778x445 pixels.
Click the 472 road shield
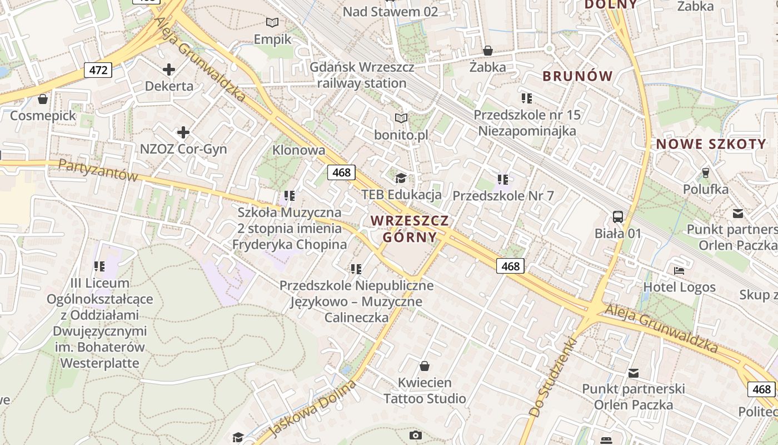[98, 70]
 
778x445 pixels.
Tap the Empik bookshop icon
[272, 23]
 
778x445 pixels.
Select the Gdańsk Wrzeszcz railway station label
[362, 75]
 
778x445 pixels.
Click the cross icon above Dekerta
[169, 70]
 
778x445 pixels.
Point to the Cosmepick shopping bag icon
[42, 100]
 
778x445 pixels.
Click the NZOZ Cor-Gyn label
[183, 149]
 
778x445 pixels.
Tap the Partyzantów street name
[98, 170]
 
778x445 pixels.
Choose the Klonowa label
[298, 150]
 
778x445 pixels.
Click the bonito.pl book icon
[401, 118]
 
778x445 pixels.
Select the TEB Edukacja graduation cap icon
[401, 178]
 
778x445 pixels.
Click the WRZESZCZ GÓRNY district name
[410, 229]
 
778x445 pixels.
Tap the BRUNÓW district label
[577, 76]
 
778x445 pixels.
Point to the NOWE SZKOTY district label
[711, 144]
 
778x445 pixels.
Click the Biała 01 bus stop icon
[618, 216]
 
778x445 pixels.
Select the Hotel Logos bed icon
[679, 271]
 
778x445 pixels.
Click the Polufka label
[706, 189]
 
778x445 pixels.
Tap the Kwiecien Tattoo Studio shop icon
[425, 366]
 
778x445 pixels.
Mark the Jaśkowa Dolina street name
[312, 409]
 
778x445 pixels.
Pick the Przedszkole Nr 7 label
[503, 196]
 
